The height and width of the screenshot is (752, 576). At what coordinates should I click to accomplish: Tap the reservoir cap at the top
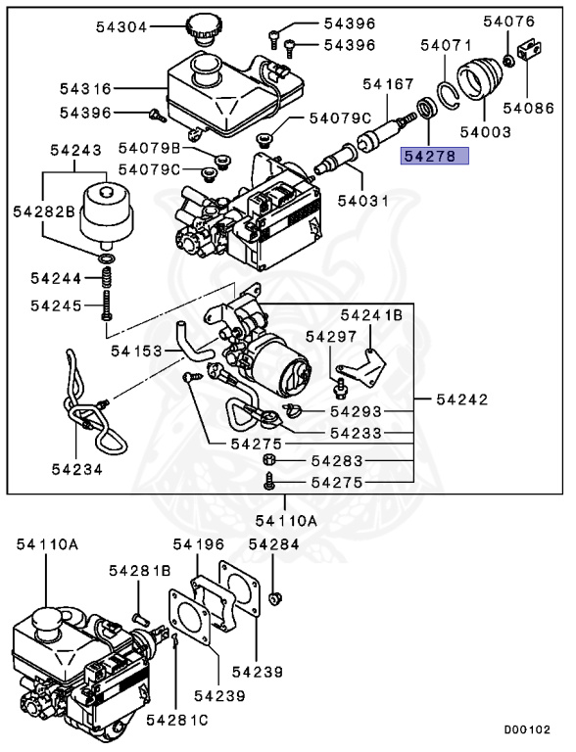click(204, 28)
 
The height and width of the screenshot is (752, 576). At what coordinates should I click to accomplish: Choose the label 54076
click(508, 21)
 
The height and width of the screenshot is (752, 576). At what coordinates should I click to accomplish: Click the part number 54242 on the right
click(461, 399)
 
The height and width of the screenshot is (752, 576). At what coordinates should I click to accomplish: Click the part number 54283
click(337, 460)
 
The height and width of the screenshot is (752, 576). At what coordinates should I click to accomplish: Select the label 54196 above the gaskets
click(199, 544)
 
